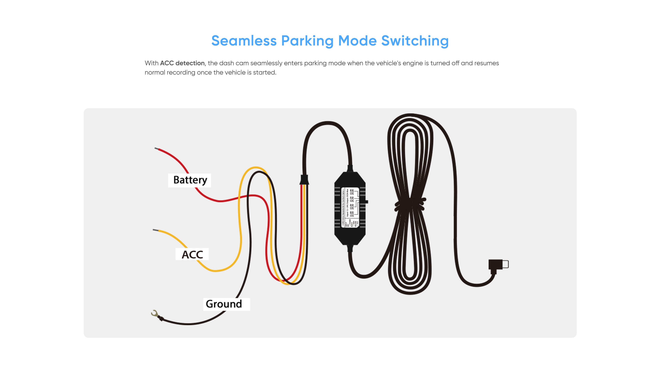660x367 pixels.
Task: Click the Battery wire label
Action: (x=190, y=180)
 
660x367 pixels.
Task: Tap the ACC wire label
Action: (x=192, y=254)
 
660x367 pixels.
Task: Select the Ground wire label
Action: (x=224, y=304)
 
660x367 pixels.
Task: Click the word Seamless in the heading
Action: (x=244, y=41)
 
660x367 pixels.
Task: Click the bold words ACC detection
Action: (x=182, y=63)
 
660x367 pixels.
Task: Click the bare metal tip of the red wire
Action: (x=156, y=148)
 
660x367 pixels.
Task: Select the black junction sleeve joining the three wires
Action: (x=304, y=180)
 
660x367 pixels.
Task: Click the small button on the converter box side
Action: (x=366, y=202)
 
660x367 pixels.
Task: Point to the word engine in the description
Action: (x=412, y=63)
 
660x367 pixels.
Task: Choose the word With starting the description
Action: (x=151, y=63)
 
